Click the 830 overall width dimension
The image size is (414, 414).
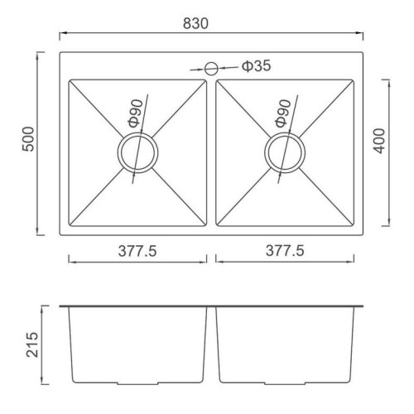click(195, 23)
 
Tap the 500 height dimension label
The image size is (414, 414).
click(28, 139)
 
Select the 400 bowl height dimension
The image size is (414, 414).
click(379, 141)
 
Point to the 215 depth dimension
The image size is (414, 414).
click(32, 344)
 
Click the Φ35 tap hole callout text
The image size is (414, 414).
click(257, 66)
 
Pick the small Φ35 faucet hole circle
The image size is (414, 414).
click(211, 69)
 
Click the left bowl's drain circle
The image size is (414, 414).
click(137, 152)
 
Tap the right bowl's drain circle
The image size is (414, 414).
click(285, 152)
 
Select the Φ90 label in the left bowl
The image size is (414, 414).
click(136, 113)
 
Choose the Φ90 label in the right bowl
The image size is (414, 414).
click(283, 113)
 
